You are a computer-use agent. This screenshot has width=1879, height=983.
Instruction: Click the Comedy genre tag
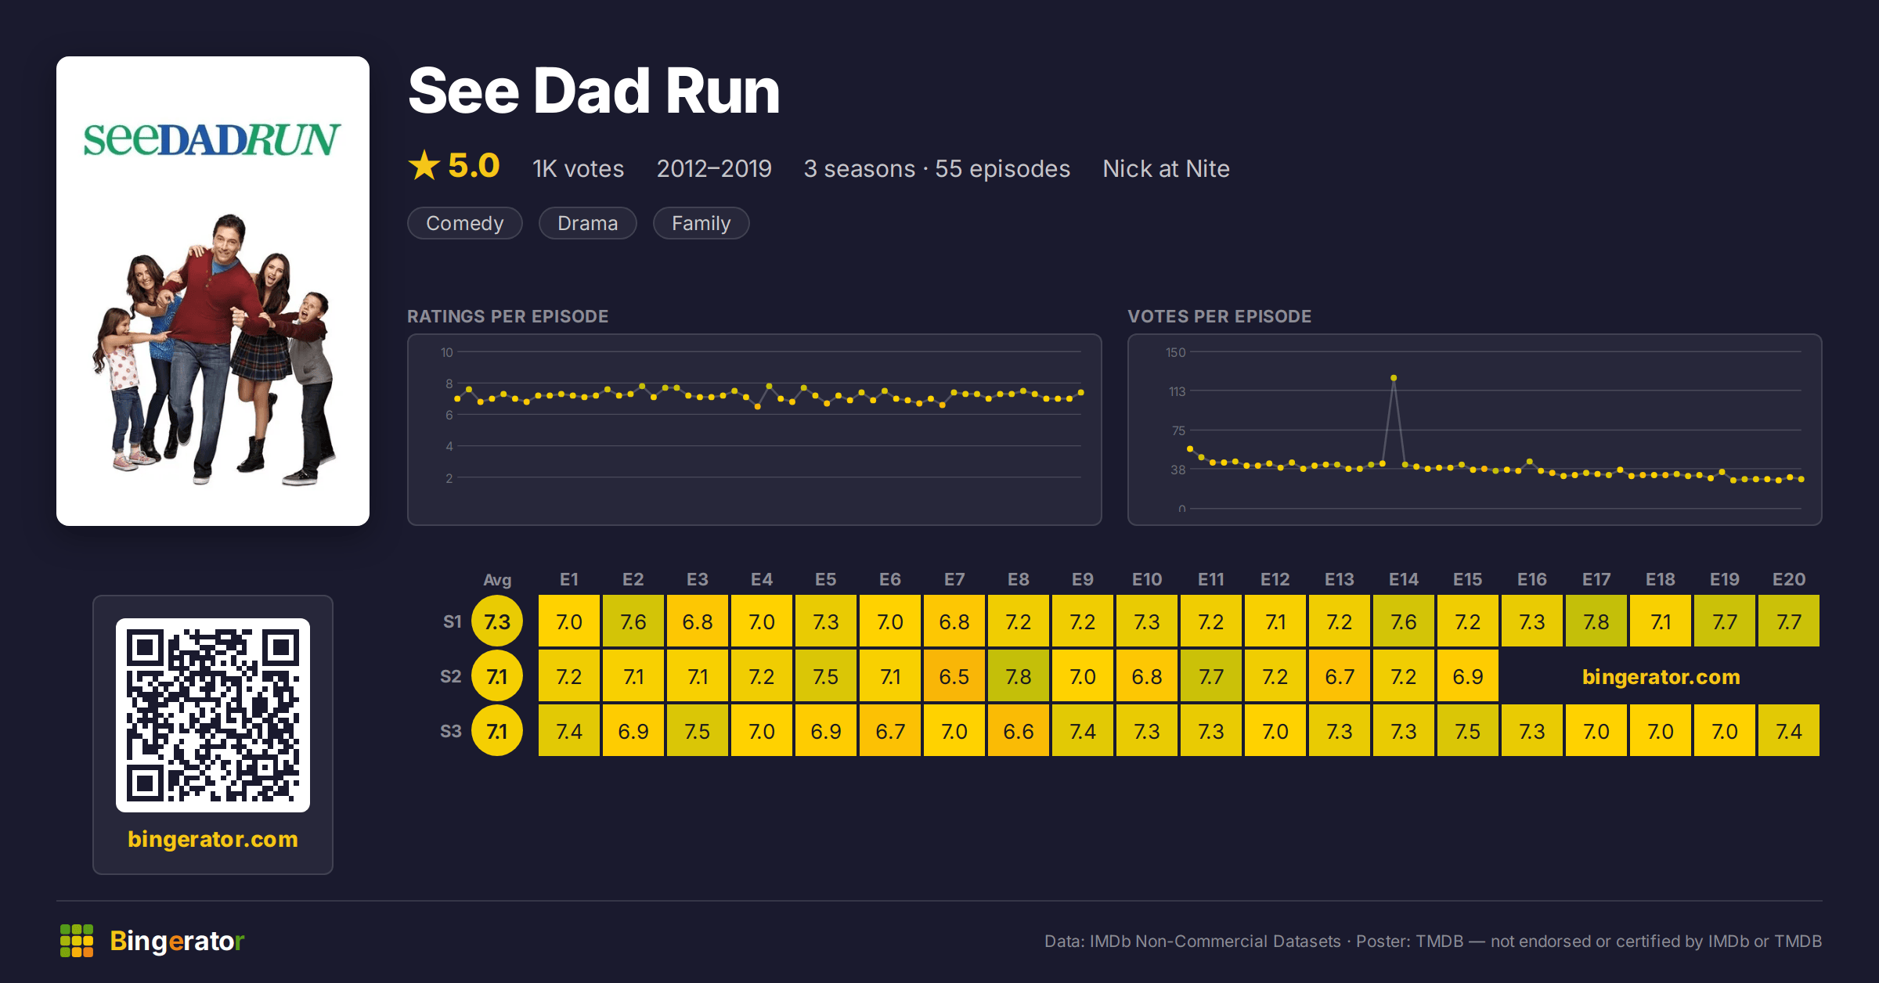(464, 223)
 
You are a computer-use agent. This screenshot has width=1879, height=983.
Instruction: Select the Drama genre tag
(587, 223)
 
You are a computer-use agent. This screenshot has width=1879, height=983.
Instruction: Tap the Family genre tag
(701, 223)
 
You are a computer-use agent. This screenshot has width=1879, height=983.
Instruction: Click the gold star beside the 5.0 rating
(424, 165)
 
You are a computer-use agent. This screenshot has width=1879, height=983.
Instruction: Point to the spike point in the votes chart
(1394, 378)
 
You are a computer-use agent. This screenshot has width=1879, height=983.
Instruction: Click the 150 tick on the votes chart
(1175, 352)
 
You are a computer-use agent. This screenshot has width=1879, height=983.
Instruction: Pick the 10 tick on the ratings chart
(446, 352)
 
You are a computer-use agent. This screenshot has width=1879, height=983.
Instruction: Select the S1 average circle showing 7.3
(497, 621)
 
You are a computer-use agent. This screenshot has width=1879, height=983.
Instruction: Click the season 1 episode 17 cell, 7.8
(1596, 621)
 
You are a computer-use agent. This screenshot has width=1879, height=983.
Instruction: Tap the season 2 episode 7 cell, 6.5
(954, 676)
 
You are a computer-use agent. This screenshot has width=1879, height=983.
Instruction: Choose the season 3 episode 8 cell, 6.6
(1019, 731)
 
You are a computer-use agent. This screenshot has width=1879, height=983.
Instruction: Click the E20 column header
(1789, 579)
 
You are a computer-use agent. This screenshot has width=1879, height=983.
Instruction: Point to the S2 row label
(451, 676)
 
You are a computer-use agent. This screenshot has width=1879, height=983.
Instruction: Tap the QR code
(213, 715)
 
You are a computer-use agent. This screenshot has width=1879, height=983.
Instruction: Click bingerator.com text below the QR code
(213, 839)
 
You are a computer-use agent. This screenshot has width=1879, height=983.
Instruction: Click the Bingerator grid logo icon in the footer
(77, 941)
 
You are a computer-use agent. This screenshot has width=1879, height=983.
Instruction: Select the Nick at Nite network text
(1166, 168)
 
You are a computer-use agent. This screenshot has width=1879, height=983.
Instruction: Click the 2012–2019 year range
(714, 168)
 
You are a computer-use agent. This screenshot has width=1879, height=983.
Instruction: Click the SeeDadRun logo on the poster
(212, 139)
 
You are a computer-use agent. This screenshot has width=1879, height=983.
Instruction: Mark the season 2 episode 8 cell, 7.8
(1019, 676)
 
